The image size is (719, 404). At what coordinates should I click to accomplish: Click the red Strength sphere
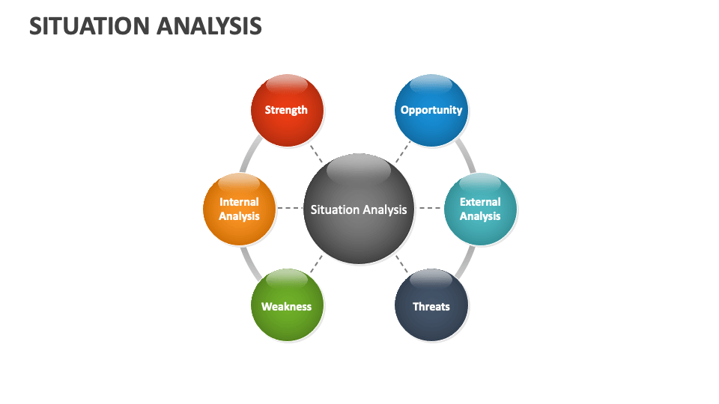[x=286, y=111]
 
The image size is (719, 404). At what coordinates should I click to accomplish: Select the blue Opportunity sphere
[x=431, y=111]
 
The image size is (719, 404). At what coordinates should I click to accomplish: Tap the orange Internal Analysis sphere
[x=240, y=209]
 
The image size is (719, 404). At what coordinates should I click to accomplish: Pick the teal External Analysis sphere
[x=480, y=209]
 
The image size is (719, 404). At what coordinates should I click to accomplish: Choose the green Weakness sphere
[x=286, y=306]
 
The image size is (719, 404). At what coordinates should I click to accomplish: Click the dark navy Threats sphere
[x=431, y=306]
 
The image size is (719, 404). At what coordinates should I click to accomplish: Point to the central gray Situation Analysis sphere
[x=359, y=209]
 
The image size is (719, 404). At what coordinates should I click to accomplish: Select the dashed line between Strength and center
[x=316, y=153]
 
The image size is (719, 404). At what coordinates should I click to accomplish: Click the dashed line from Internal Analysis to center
[x=289, y=208]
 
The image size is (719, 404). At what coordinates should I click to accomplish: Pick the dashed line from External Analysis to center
[x=428, y=208]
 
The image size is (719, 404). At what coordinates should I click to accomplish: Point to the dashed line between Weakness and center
[x=316, y=264]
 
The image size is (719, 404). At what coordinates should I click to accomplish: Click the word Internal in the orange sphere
[x=239, y=202]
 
